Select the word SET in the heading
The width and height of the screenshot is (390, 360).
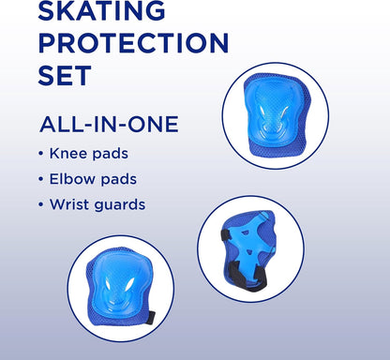click(x=65, y=75)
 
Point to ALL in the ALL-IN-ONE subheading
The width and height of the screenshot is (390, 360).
click(x=58, y=124)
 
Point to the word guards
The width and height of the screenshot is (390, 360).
click(x=123, y=203)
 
